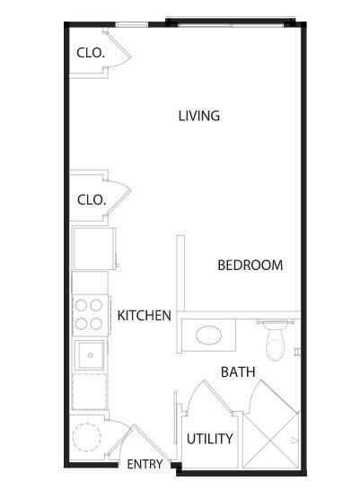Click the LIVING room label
pos(198,116)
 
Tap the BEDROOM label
pos(250,266)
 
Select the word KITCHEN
pos(144,316)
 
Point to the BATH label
pos(238,371)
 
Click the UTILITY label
pos(210,439)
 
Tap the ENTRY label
pos(145,465)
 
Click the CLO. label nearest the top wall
pos(91,53)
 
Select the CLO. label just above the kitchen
pos(91,199)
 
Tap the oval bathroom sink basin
pos(208,336)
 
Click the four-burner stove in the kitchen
pos(89,315)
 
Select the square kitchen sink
pos(89,355)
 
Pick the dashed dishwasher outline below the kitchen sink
pos(89,393)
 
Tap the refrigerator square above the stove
pos(92,249)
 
